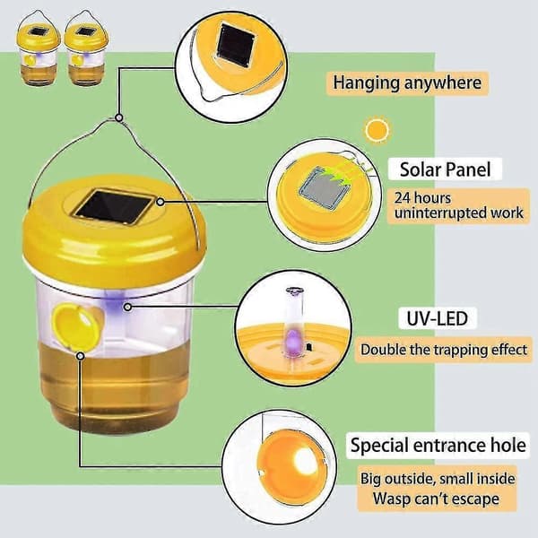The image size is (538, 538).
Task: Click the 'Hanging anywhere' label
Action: pyautogui.click(x=407, y=83)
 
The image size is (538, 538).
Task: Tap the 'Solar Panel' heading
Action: pyautogui.click(x=445, y=169)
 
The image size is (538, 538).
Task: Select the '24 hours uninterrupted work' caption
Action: pyautogui.click(x=459, y=205)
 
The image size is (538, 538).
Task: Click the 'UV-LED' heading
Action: pyautogui.click(x=438, y=318)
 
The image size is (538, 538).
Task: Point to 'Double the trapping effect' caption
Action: pyautogui.click(x=444, y=350)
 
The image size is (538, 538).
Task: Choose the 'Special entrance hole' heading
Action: pyautogui.click(x=438, y=445)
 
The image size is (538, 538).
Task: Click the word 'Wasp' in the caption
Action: pyautogui.click(x=392, y=499)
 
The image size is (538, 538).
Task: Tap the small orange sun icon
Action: pyautogui.click(x=377, y=130)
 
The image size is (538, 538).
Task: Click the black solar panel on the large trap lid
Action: pyautogui.click(x=114, y=207)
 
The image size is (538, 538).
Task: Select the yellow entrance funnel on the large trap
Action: pyautogui.click(x=77, y=326)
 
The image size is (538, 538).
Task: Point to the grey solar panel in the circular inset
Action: pyautogui.click(x=325, y=188)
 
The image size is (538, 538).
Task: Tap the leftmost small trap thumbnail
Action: pyautogui.click(x=38, y=48)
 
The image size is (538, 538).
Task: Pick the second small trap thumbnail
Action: pyautogui.click(x=86, y=48)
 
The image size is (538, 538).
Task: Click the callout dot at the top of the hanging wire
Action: pyautogui.click(x=118, y=117)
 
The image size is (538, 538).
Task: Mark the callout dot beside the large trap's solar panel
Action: pyautogui.click(x=161, y=202)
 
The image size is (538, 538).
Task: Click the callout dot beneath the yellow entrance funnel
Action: pyautogui.click(x=81, y=356)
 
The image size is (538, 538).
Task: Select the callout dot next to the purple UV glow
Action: pyautogui.click(x=127, y=307)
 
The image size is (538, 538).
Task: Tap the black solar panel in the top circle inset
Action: pyautogui.click(x=236, y=45)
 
